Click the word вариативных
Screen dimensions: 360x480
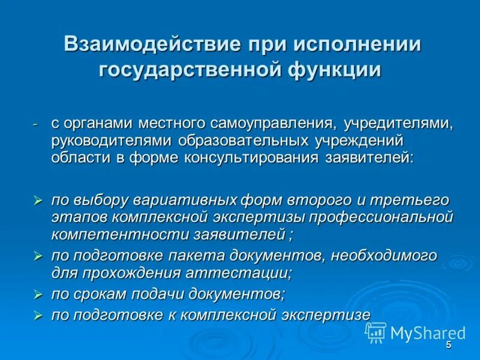pos(184,200)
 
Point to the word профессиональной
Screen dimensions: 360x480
pos(384,217)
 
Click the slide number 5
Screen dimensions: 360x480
pos(448,345)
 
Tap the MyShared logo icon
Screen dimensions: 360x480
pos(376,332)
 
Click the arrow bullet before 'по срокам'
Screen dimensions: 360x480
pos(38,295)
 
